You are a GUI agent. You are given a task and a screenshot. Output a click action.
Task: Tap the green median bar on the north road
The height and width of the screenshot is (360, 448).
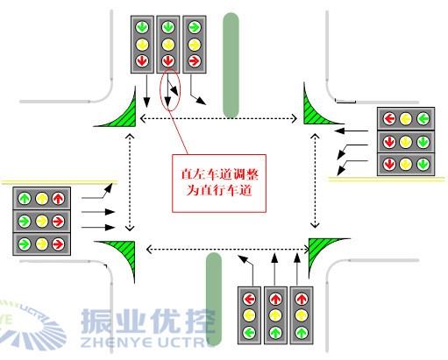[231, 65]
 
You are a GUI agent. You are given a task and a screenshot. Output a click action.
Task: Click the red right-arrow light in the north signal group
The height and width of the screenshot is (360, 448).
[194, 61]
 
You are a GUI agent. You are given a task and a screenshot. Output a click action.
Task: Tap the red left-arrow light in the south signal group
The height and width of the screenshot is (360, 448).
[250, 296]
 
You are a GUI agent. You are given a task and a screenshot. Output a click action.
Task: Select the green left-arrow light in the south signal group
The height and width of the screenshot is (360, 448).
[250, 333]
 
